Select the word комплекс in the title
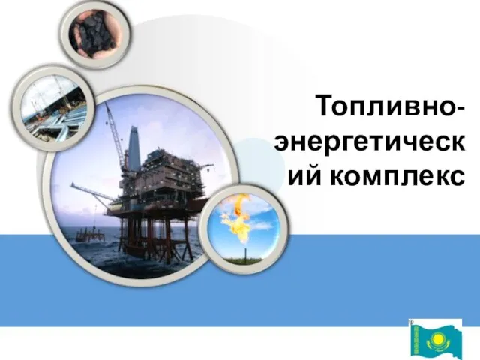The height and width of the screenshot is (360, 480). tap(397, 176)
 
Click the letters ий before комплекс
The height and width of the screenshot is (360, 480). tap(305, 175)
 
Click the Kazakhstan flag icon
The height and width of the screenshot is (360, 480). tap(436, 339)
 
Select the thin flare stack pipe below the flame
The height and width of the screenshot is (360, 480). tap(245, 253)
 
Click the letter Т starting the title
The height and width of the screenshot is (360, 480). tap(325, 106)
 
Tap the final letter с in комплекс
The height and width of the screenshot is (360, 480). tap(457, 177)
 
